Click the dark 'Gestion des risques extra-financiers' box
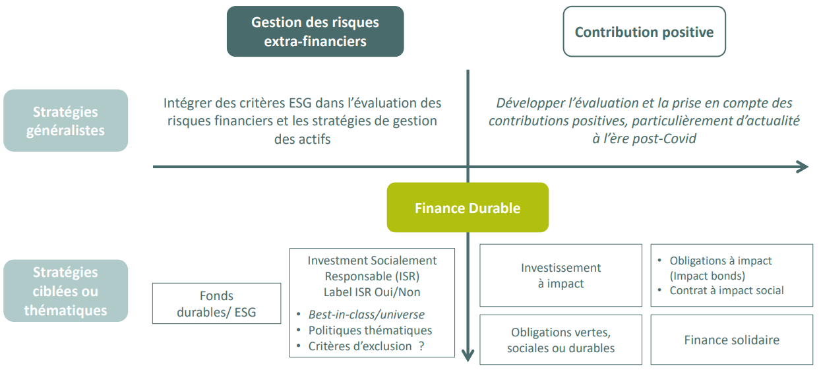point(315,32)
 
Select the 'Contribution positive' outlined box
point(644,32)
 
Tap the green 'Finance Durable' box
point(468,208)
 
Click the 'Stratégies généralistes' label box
point(65,121)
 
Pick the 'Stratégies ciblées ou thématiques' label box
point(65,291)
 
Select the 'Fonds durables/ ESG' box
point(216,303)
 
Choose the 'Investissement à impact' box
point(561,275)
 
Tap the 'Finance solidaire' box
point(731,340)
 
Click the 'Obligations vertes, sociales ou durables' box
point(561,340)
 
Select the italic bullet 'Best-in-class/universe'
point(366,315)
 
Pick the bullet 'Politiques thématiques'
point(370,330)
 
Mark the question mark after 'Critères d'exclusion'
point(421,346)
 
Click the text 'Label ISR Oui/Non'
point(372,292)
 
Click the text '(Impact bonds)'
point(707,276)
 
